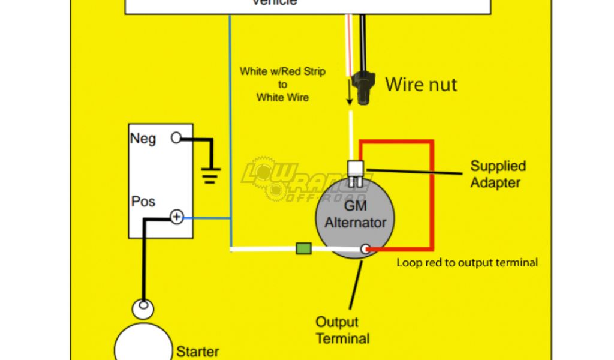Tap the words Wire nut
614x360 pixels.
421,85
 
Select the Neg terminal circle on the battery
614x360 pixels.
176,138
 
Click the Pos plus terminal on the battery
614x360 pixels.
176,217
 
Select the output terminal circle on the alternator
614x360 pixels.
363,248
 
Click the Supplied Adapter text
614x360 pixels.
498,174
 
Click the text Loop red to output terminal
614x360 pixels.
467,262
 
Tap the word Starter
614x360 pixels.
197,352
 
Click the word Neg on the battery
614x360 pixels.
143,139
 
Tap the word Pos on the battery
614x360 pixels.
143,201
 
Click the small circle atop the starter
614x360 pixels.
143,309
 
